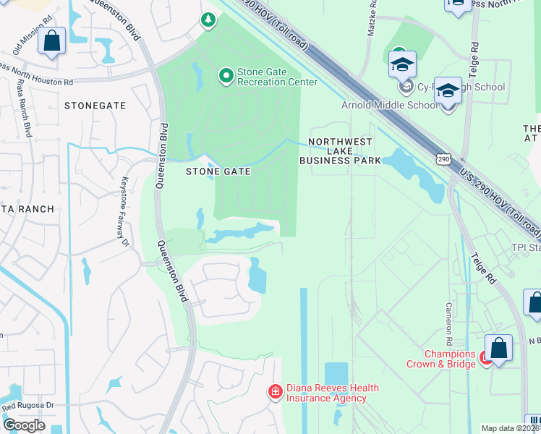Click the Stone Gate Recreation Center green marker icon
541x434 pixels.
(x=226, y=75)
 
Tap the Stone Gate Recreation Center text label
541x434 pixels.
(x=277, y=77)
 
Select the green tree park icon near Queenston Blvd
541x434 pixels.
(x=208, y=20)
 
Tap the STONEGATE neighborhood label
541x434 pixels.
(x=95, y=106)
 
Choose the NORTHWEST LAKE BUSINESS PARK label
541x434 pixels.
(x=344, y=151)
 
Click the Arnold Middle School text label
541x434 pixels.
(x=389, y=105)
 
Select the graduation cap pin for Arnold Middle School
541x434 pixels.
(x=448, y=93)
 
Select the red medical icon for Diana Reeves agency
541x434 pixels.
(x=275, y=393)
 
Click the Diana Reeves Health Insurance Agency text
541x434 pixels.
(x=331, y=393)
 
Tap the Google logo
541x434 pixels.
(x=24, y=425)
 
